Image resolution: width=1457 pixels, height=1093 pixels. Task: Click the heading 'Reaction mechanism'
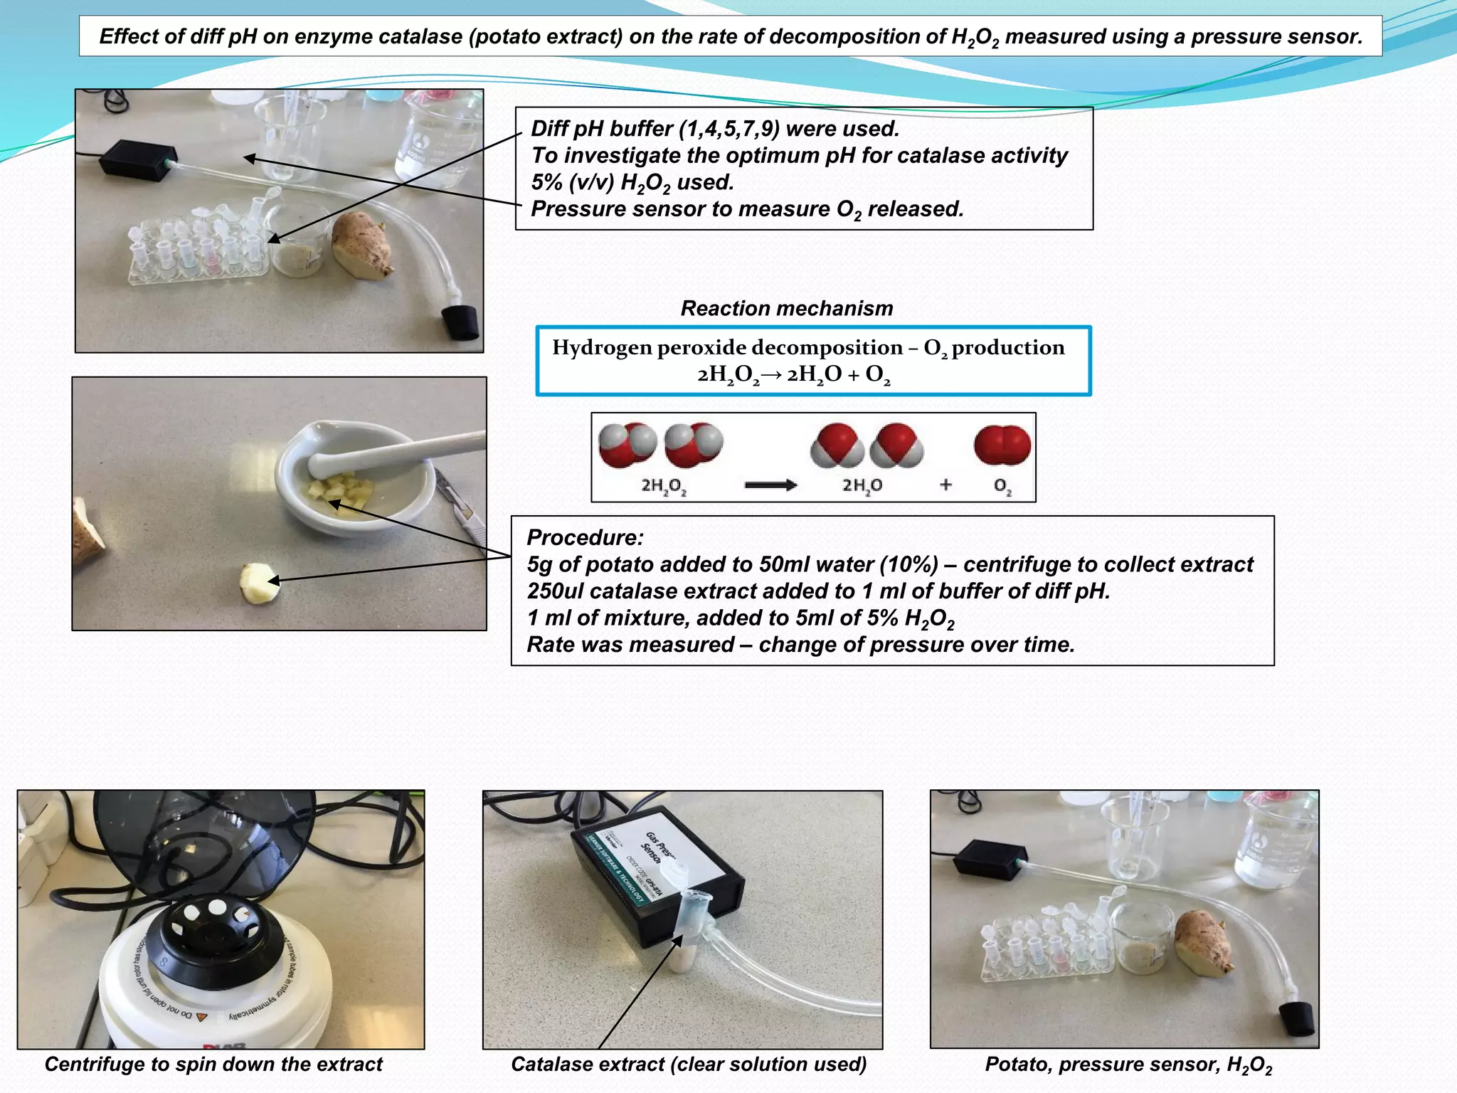point(786,308)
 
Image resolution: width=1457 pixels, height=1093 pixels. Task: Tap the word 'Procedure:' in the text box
point(585,537)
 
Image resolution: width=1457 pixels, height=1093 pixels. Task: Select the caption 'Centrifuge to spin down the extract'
point(213,1065)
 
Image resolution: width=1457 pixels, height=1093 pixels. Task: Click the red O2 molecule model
point(1002,445)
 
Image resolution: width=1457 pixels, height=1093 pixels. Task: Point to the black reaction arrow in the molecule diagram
point(770,485)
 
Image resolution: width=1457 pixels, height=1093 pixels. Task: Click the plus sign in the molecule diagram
point(945,485)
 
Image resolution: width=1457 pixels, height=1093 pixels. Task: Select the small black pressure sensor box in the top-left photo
point(137,159)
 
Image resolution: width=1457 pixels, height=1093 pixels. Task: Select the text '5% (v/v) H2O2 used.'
point(632,183)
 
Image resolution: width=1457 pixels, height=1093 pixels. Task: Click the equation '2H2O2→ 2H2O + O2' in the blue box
point(793,374)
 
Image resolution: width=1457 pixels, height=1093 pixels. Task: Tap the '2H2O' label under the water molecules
point(862,485)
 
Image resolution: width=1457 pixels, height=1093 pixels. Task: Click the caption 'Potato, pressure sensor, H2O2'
point(1128,1065)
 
